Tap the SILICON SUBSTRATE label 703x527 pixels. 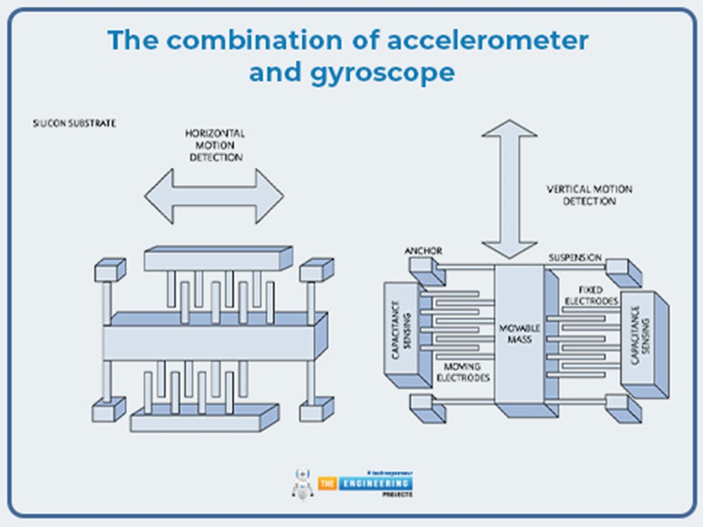click(x=74, y=124)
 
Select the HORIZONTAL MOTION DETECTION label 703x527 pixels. click(x=214, y=145)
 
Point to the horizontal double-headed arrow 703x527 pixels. click(x=214, y=196)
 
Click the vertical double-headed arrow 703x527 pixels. click(x=509, y=189)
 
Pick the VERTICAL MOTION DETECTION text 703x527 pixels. click(x=589, y=195)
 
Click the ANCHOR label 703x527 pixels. click(x=424, y=251)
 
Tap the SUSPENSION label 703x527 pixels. click(x=575, y=257)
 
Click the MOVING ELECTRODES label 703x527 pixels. click(x=466, y=373)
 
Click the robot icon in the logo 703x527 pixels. click(x=302, y=483)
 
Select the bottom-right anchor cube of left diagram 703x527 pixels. click(x=316, y=410)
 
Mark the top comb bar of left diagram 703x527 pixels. click(x=216, y=259)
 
